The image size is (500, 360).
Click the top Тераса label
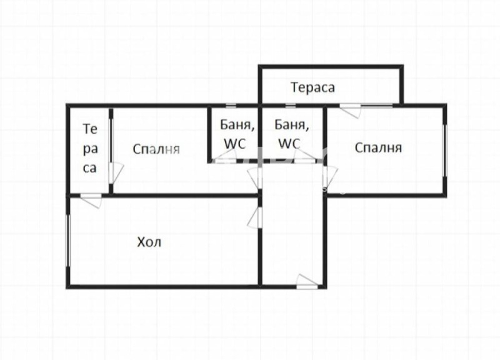click(x=312, y=87)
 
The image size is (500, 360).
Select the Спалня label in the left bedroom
click(x=156, y=149)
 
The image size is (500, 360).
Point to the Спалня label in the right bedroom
click(x=378, y=148)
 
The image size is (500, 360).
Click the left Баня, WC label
click(x=237, y=134)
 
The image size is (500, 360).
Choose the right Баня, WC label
click(x=291, y=134)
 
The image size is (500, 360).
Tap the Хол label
click(x=149, y=242)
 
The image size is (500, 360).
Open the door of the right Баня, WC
click(x=304, y=156)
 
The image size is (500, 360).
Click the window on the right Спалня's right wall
click(x=445, y=151)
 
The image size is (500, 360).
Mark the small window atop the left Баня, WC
click(x=231, y=105)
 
